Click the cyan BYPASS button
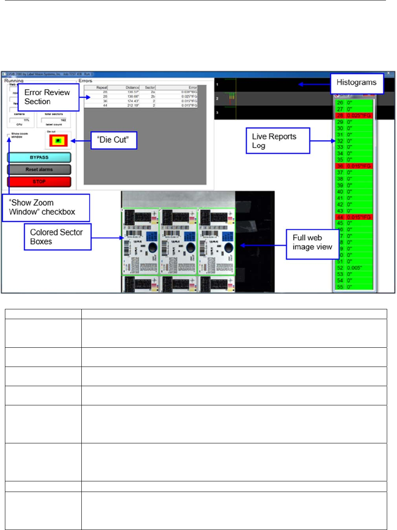(x=39, y=157)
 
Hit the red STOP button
(x=39, y=181)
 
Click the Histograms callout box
(x=357, y=83)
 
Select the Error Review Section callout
(x=47, y=97)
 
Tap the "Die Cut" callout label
(x=113, y=140)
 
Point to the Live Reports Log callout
(x=277, y=141)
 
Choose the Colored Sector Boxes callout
(x=57, y=237)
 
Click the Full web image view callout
(x=312, y=242)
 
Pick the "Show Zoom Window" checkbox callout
(x=45, y=208)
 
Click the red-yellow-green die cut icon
(x=58, y=141)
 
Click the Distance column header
(x=132, y=87)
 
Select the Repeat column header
(x=102, y=87)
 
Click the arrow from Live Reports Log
(x=323, y=141)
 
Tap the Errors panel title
(x=85, y=81)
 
